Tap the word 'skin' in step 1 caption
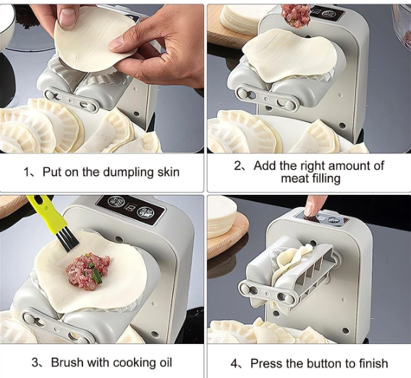(x=169, y=172)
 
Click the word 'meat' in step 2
(x=295, y=178)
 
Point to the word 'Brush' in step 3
(x=67, y=362)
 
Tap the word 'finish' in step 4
(x=373, y=364)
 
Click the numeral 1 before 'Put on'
(x=26, y=172)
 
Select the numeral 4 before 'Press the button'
(x=234, y=364)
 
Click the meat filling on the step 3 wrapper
(x=88, y=268)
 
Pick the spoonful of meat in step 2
(x=296, y=16)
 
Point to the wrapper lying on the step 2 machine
(x=289, y=54)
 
